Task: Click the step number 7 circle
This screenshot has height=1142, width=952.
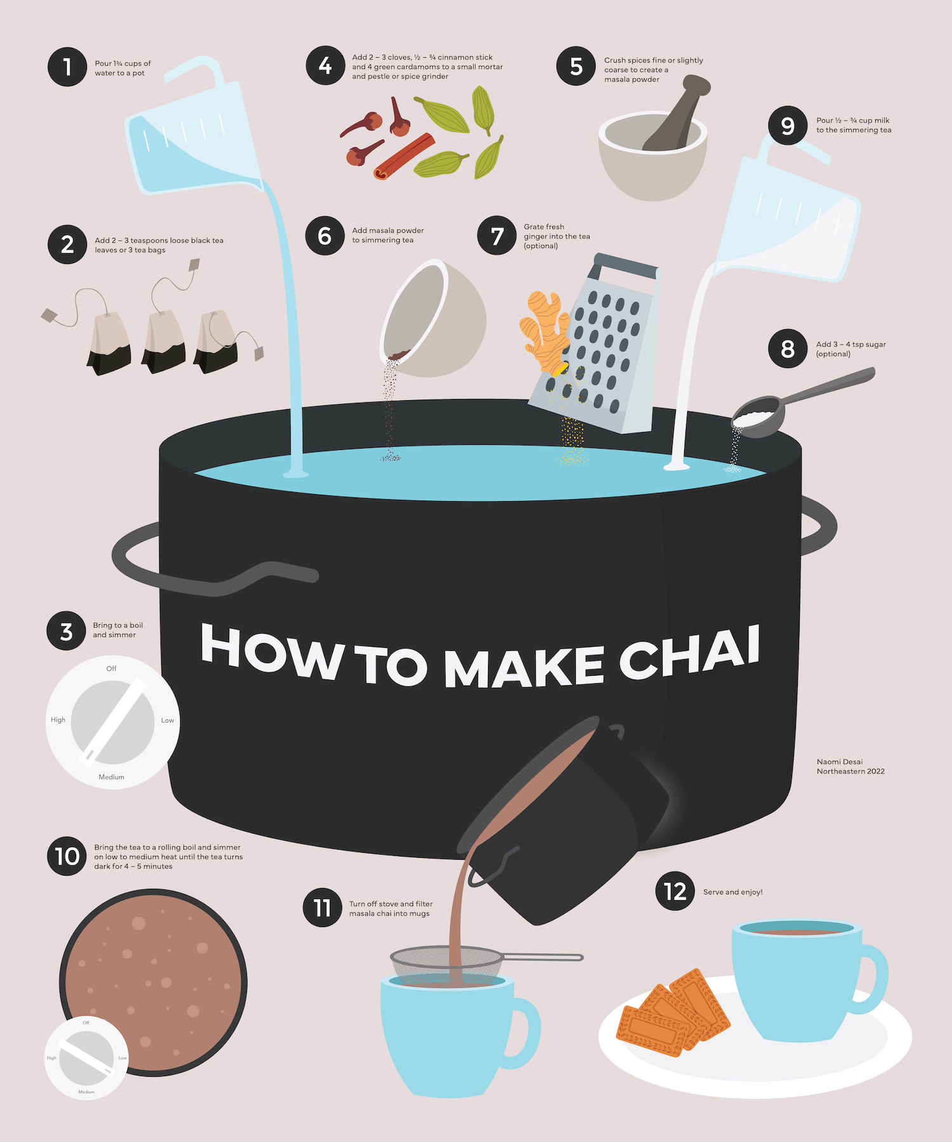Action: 497,236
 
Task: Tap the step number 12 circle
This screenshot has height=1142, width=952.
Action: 675,891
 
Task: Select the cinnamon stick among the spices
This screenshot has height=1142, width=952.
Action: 404,156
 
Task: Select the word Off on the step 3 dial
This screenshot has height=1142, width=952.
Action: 112,669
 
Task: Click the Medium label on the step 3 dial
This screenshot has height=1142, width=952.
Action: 112,777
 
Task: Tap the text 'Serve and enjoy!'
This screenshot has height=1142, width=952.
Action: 733,892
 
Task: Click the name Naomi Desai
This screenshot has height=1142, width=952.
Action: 840,762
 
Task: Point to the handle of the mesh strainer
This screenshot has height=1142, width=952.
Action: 543,957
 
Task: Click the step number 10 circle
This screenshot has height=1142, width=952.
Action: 67,856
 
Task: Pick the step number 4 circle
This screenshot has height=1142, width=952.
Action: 326,65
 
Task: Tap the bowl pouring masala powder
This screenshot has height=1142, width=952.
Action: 434,317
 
